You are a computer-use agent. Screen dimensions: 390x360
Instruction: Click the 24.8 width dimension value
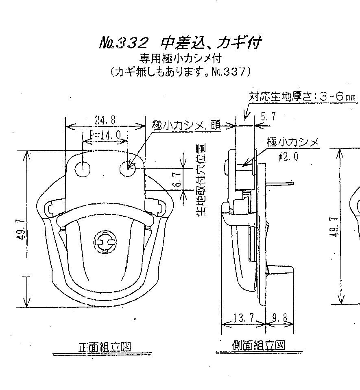(105, 120)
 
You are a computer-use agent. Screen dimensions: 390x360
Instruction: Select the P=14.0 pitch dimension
(105, 135)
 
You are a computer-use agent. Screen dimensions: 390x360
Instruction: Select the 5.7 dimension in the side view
(268, 117)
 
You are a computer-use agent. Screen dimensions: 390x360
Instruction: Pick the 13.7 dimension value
(243, 318)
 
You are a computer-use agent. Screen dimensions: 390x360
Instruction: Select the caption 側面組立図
(258, 345)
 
